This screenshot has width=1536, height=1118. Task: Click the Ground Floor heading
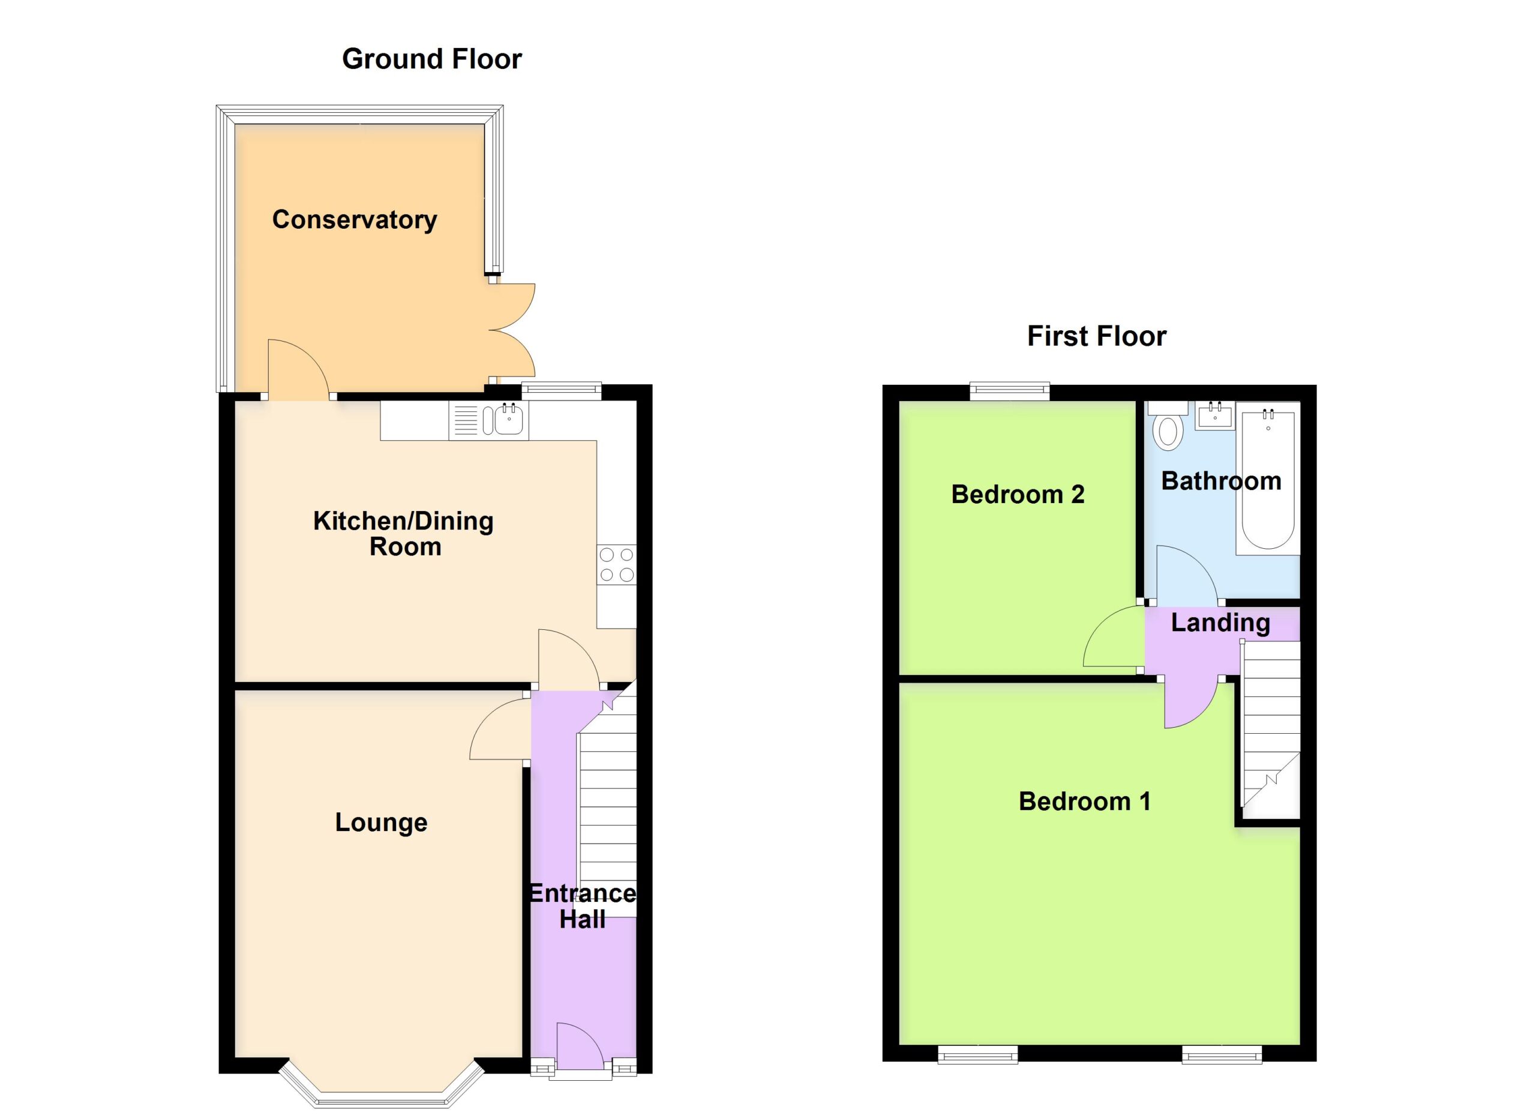coord(431,59)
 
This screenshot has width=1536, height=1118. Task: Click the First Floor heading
coord(1096,336)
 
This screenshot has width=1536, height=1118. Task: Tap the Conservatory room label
coord(354,220)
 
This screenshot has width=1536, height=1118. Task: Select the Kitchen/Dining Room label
coord(404,533)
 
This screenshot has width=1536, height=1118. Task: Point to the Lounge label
coord(381,822)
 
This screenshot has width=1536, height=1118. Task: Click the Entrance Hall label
coord(583,906)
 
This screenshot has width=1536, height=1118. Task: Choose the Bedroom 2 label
coord(1018,494)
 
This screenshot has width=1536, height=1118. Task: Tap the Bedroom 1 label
coord(1084,801)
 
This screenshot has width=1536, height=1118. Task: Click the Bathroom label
coord(1221,480)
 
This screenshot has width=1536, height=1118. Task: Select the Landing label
coord(1220,623)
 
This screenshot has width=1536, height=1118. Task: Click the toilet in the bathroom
coord(1168,427)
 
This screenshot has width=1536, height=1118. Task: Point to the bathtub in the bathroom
coord(1268,479)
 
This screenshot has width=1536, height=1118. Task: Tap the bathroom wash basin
coord(1215,415)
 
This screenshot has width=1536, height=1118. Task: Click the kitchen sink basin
coord(508,420)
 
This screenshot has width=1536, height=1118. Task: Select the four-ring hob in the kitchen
coord(616,564)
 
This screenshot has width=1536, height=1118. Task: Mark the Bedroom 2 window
coord(1010,391)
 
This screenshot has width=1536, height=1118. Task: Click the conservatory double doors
coord(512,330)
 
